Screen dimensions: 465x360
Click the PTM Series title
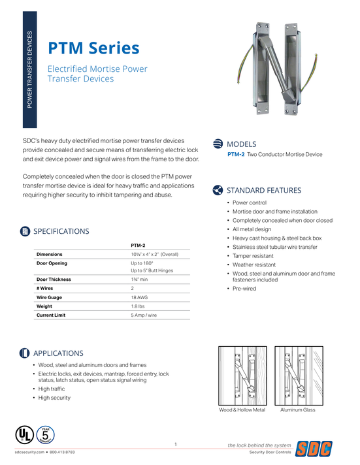click(93, 48)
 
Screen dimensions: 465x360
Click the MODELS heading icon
click(218, 144)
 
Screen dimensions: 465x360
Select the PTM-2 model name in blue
click(236, 155)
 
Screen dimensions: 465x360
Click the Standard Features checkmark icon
click(218, 190)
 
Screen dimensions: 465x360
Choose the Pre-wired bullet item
click(244, 289)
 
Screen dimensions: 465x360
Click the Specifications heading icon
click(25, 231)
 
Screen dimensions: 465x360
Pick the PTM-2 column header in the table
click(138, 245)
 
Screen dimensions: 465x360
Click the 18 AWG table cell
click(139, 297)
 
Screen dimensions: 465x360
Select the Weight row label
click(44, 306)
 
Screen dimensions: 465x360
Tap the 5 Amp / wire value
click(144, 315)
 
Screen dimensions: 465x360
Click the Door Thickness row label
click(54, 279)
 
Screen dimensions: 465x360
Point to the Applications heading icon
click(25, 353)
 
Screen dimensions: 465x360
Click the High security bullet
click(54, 398)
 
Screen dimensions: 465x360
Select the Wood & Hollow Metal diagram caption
click(242, 410)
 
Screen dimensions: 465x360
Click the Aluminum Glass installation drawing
click(298, 375)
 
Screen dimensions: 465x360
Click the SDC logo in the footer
click(315, 449)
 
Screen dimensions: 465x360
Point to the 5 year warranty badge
click(45, 435)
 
